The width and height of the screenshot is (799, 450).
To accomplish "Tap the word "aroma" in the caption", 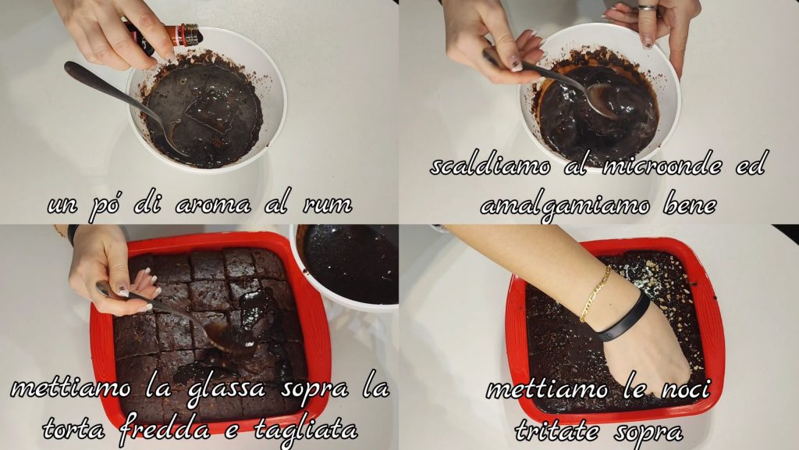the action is (213, 205).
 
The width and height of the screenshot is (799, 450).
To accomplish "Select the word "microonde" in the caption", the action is (662, 165).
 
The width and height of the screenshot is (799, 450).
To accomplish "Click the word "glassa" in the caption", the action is (226, 389).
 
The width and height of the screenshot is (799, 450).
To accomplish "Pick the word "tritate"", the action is (557, 430).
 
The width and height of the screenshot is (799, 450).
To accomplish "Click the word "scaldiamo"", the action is (490, 166).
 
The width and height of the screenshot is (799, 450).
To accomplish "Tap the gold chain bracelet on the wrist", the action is (595, 295).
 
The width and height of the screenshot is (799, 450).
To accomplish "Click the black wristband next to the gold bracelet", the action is (623, 319).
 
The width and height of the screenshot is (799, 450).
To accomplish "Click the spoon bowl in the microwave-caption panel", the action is (602, 100).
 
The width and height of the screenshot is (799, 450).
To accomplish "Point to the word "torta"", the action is (74, 429).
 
